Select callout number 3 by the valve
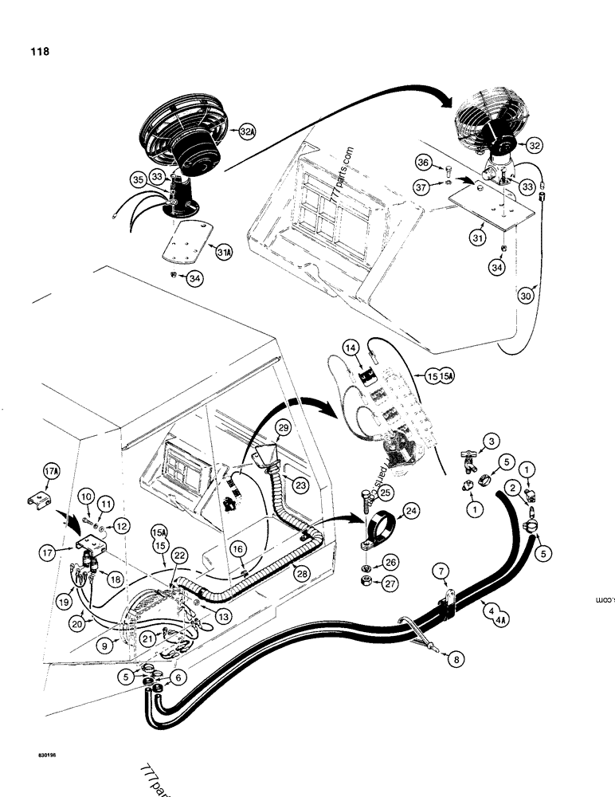click(x=491, y=441)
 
